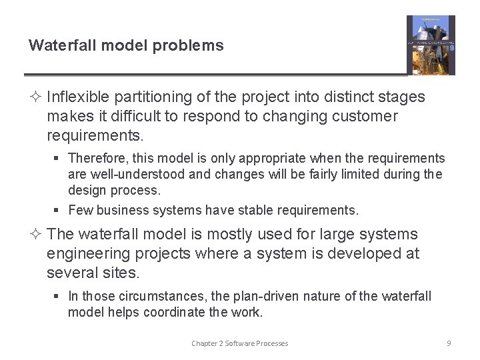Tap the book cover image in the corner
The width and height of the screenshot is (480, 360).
tap(431, 45)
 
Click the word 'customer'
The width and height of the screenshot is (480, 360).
tap(363, 117)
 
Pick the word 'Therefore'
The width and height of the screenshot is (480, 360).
tap(95, 159)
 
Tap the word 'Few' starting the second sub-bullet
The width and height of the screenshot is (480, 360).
tap(79, 211)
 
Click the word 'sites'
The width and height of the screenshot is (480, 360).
tap(123, 273)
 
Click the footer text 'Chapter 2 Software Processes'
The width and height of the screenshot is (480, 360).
tap(239, 343)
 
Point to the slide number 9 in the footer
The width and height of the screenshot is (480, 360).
tap(449, 343)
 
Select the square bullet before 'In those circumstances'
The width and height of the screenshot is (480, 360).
tap(58, 297)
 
